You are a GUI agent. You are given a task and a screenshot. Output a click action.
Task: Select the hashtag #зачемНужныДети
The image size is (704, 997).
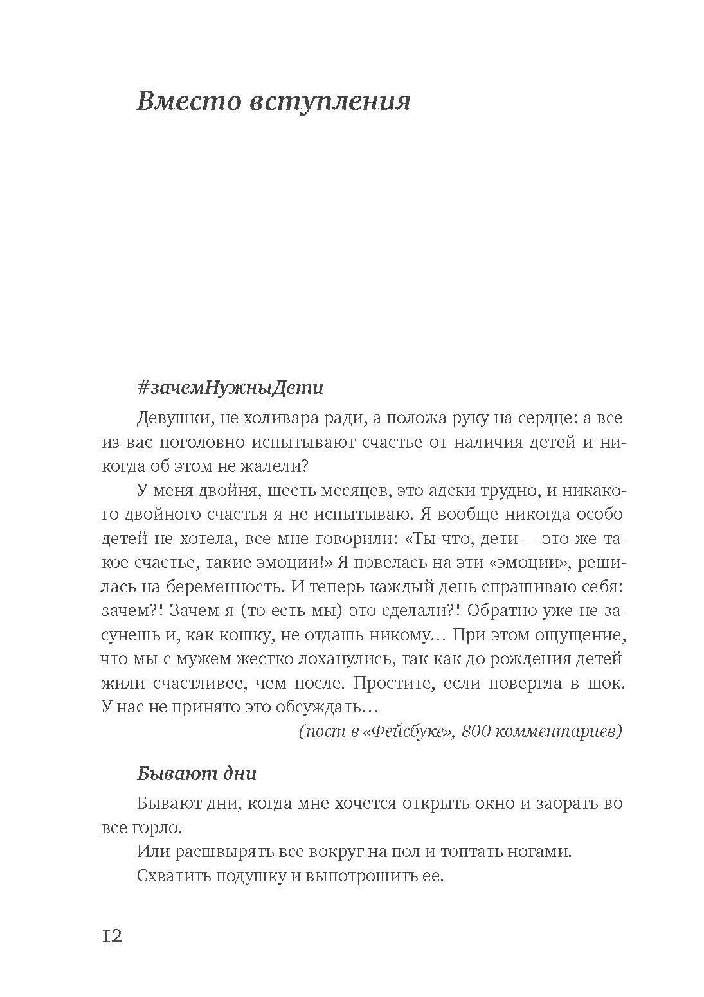click(x=230, y=388)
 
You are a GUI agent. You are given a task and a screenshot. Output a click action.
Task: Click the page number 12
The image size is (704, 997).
click(x=112, y=936)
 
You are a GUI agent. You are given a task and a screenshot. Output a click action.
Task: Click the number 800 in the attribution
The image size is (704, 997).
click(x=477, y=731)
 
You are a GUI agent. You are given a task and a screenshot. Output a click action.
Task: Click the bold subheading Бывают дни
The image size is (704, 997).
click(x=197, y=773)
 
